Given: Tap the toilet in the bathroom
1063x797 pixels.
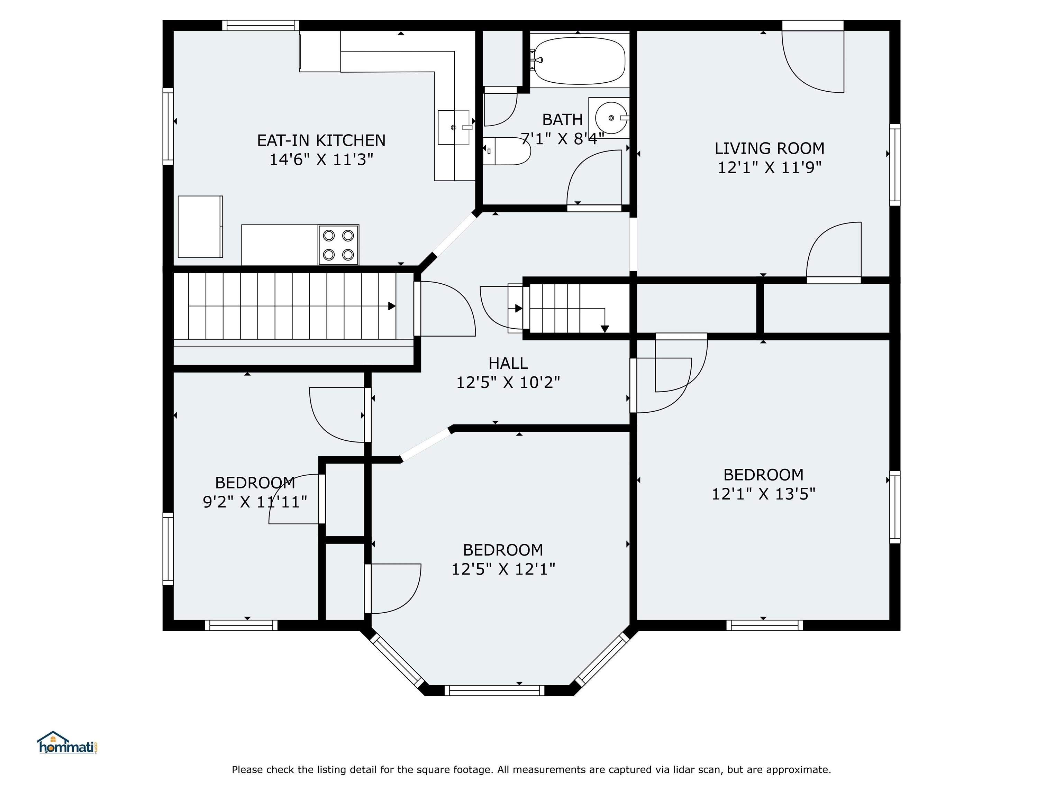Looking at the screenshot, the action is click(x=506, y=151).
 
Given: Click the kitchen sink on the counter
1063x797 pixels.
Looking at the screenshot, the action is click(x=454, y=127).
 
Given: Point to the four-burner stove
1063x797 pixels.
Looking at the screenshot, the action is click(x=338, y=245).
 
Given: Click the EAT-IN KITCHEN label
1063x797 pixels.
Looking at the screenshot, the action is click(x=321, y=140).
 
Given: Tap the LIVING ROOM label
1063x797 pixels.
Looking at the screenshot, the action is click(x=769, y=148).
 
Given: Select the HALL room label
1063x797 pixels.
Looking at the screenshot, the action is click(x=508, y=363).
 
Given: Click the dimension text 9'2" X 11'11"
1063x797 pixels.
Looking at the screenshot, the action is click(x=255, y=502).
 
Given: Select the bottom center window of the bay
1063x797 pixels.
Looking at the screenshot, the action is click(x=494, y=690).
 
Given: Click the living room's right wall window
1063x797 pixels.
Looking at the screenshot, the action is click(x=894, y=165).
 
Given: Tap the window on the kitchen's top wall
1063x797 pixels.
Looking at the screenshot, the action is click(x=261, y=26).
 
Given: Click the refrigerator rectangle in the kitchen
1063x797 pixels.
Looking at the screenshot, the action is click(x=200, y=227).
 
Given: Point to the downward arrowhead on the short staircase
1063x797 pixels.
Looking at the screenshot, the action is click(x=605, y=329).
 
